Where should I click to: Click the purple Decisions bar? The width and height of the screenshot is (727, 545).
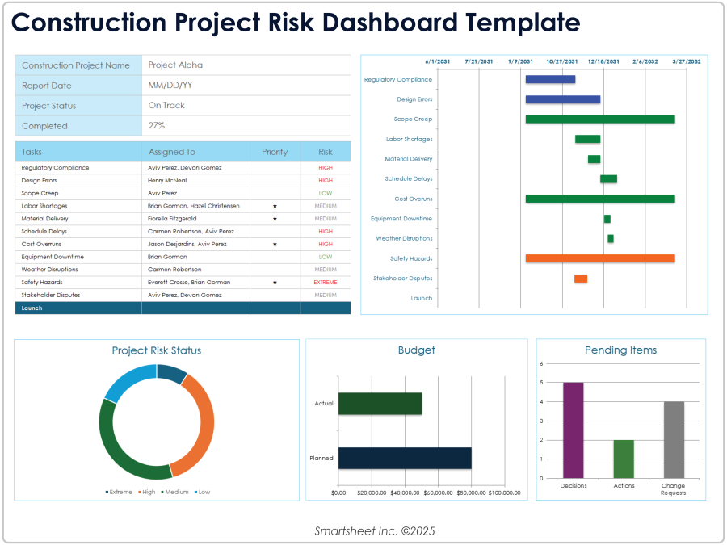point(573,430)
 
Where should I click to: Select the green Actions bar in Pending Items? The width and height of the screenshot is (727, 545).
point(624,459)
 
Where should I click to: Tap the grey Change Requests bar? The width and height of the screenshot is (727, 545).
point(674,439)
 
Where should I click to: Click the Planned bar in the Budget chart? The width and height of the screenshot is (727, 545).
point(405,458)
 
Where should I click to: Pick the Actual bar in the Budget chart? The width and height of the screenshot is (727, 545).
point(380,404)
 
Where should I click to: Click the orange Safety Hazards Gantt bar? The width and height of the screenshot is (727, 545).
point(599,258)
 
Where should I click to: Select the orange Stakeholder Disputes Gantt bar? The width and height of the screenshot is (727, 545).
point(581,279)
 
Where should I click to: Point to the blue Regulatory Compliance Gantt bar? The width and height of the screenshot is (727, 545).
point(550,79)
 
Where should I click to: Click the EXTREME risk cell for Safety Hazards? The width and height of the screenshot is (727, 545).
point(325,283)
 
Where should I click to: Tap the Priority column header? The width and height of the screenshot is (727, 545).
point(275,152)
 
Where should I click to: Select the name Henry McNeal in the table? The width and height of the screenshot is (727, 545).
point(168,181)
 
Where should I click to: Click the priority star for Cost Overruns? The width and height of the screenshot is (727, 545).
point(275,244)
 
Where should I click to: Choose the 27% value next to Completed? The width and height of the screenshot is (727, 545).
point(156,126)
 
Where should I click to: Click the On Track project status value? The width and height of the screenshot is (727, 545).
point(166,106)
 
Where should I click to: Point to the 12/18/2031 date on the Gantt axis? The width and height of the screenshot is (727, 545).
point(603,61)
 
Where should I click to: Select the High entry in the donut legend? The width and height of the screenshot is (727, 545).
point(148,492)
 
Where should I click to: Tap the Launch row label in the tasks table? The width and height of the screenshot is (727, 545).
point(32,308)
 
